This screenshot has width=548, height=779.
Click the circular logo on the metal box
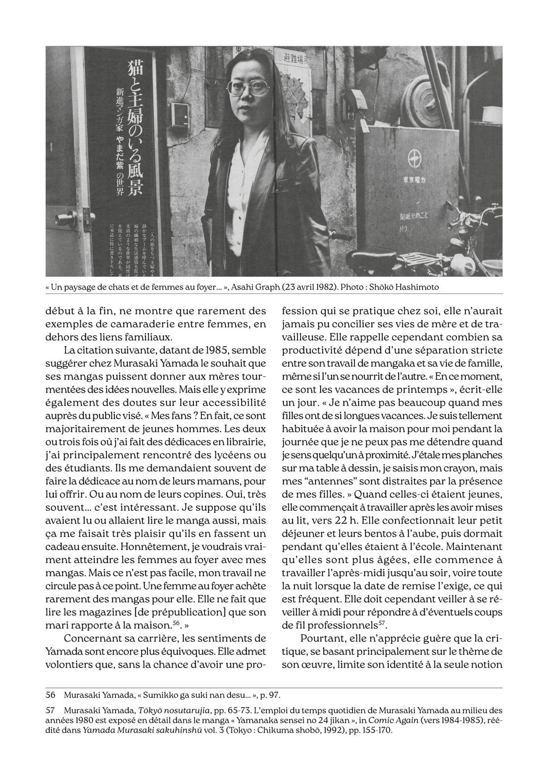[413, 160]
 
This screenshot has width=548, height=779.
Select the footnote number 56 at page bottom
[51, 695]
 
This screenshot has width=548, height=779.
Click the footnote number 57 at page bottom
[51, 710]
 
